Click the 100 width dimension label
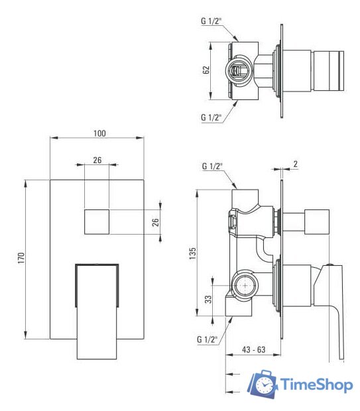click(99, 133)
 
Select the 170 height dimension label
click(21, 257)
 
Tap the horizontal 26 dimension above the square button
click(97, 160)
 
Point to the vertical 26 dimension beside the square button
click(156, 221)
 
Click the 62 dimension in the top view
click(207, 70)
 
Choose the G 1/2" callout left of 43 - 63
click(208, 339)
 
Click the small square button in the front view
click(97, 221)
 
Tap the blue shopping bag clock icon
click(263, 385)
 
